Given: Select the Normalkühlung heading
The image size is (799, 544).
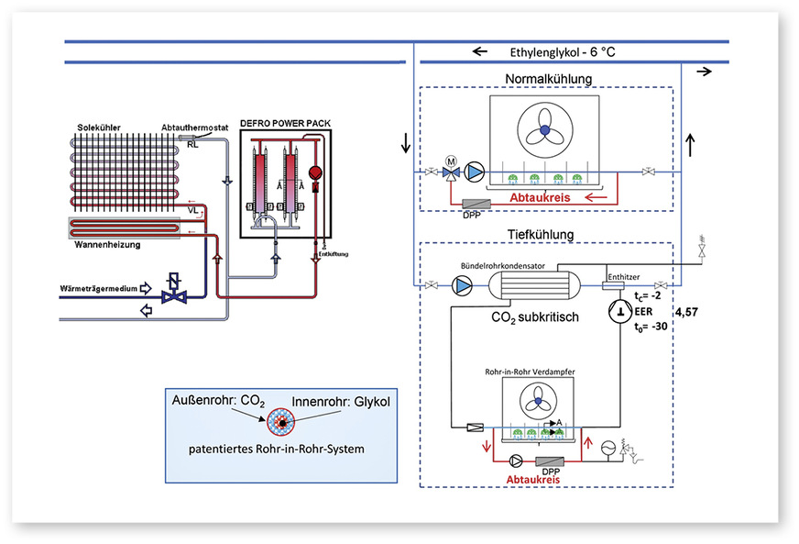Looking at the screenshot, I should pyautogui.click(x=548, y=78).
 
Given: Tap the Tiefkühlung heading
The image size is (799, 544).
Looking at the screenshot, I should pyautogui.click(x=541, y=235).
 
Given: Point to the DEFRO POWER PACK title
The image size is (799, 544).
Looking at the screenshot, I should pyautogui.click(x=285, y=123).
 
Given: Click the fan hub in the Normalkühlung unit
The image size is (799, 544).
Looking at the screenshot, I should pyautogui.click(x=543, y=131).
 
